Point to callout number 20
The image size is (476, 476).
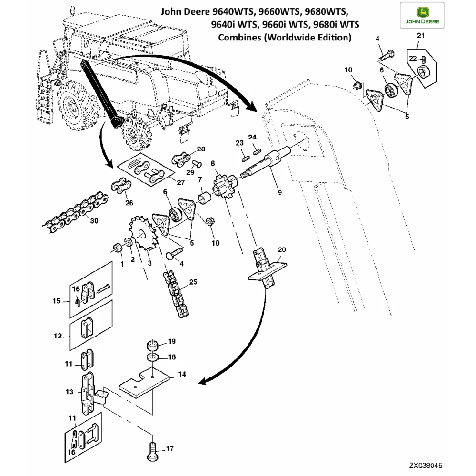click(281, 249)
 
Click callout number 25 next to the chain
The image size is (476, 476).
click(193, 282)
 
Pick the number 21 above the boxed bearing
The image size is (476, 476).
click(419, 36)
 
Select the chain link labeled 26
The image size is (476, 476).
click(121, 186)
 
